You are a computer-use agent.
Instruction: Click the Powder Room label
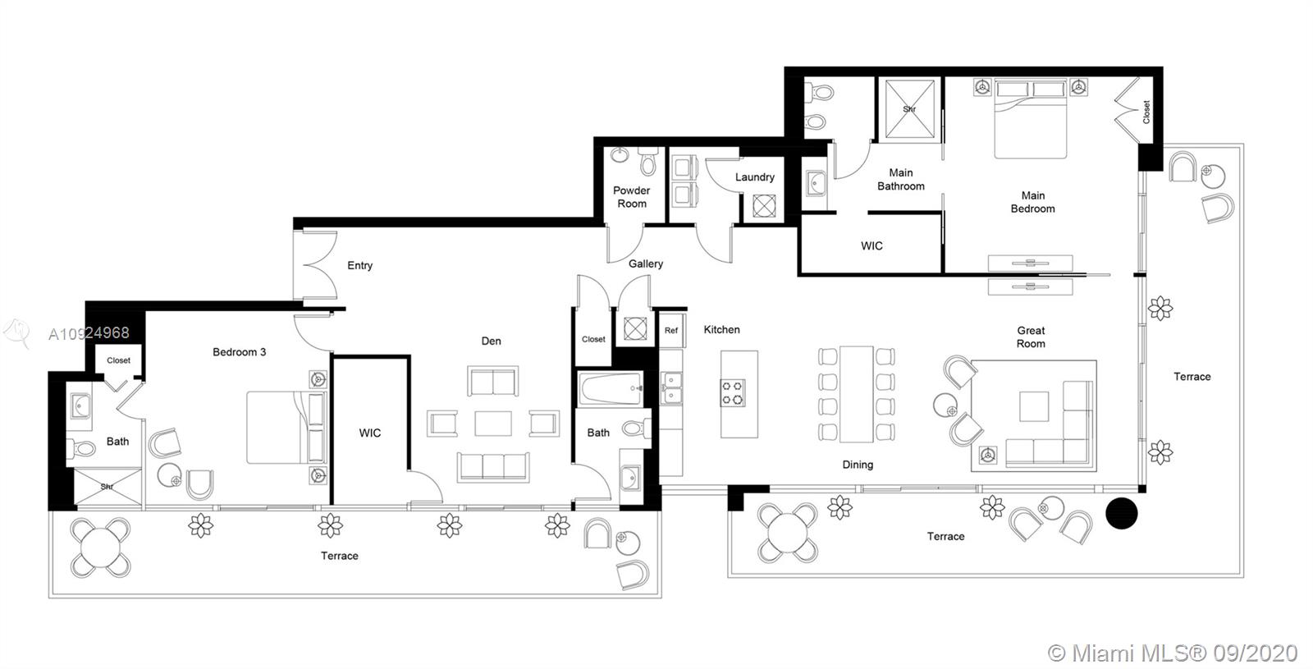click(x=631, y=197)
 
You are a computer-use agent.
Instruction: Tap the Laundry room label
click(x=754, y=177)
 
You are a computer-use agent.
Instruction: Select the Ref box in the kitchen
click(x=671, y=330)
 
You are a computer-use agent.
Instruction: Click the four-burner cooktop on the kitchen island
click(x=733, y=392)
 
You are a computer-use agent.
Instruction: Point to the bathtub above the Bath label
click(x=610, y=389)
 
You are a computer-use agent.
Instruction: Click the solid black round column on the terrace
click(x=1122, y=514)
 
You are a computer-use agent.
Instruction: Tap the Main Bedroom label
click(x=1032, y=202)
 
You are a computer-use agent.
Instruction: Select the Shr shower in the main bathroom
click(x=909, y=109)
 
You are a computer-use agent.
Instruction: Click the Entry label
click(x=359, y=266)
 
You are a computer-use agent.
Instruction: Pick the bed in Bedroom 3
click(x=286, y=427)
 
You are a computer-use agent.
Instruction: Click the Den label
click(x=491, y=341)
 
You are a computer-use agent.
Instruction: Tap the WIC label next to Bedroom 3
click(x=369, y=433)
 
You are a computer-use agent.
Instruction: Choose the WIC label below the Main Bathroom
click(x=872, y=246)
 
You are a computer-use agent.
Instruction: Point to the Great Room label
click(x=1031, y=337)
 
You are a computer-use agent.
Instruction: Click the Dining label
click(x=858, y=465)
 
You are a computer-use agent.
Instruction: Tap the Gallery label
click(x=646, y=264)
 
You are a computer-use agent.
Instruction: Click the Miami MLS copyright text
click(x=1173, y=653)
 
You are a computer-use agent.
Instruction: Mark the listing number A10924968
click(x=89, y=333)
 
